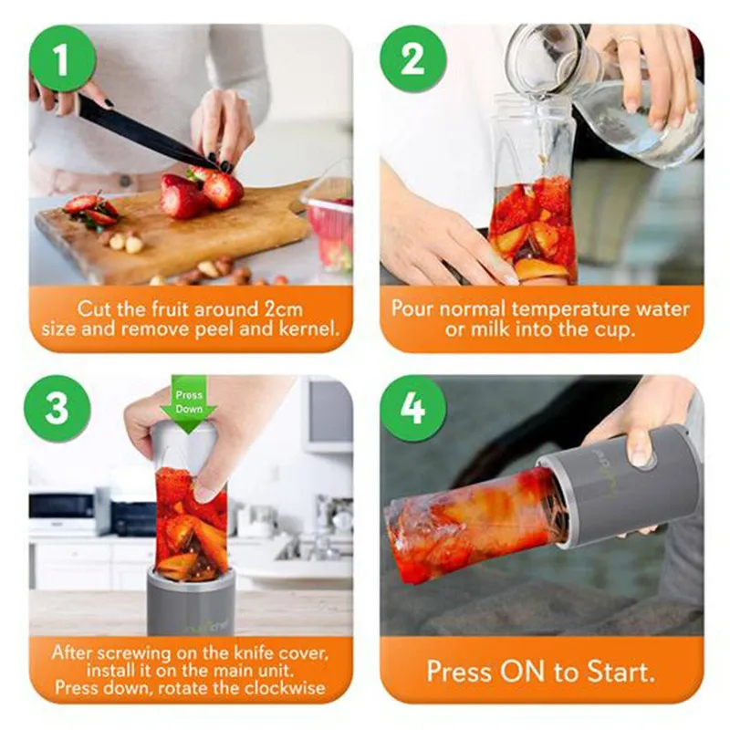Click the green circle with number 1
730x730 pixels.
(62, 59)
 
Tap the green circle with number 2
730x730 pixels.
(412, 59)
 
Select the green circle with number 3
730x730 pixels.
(57, 408)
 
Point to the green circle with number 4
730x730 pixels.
(413, 408)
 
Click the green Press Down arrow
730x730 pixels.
(189, 404)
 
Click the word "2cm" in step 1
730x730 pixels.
(284, 309)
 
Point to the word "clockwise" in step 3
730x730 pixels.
(285, 688)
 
